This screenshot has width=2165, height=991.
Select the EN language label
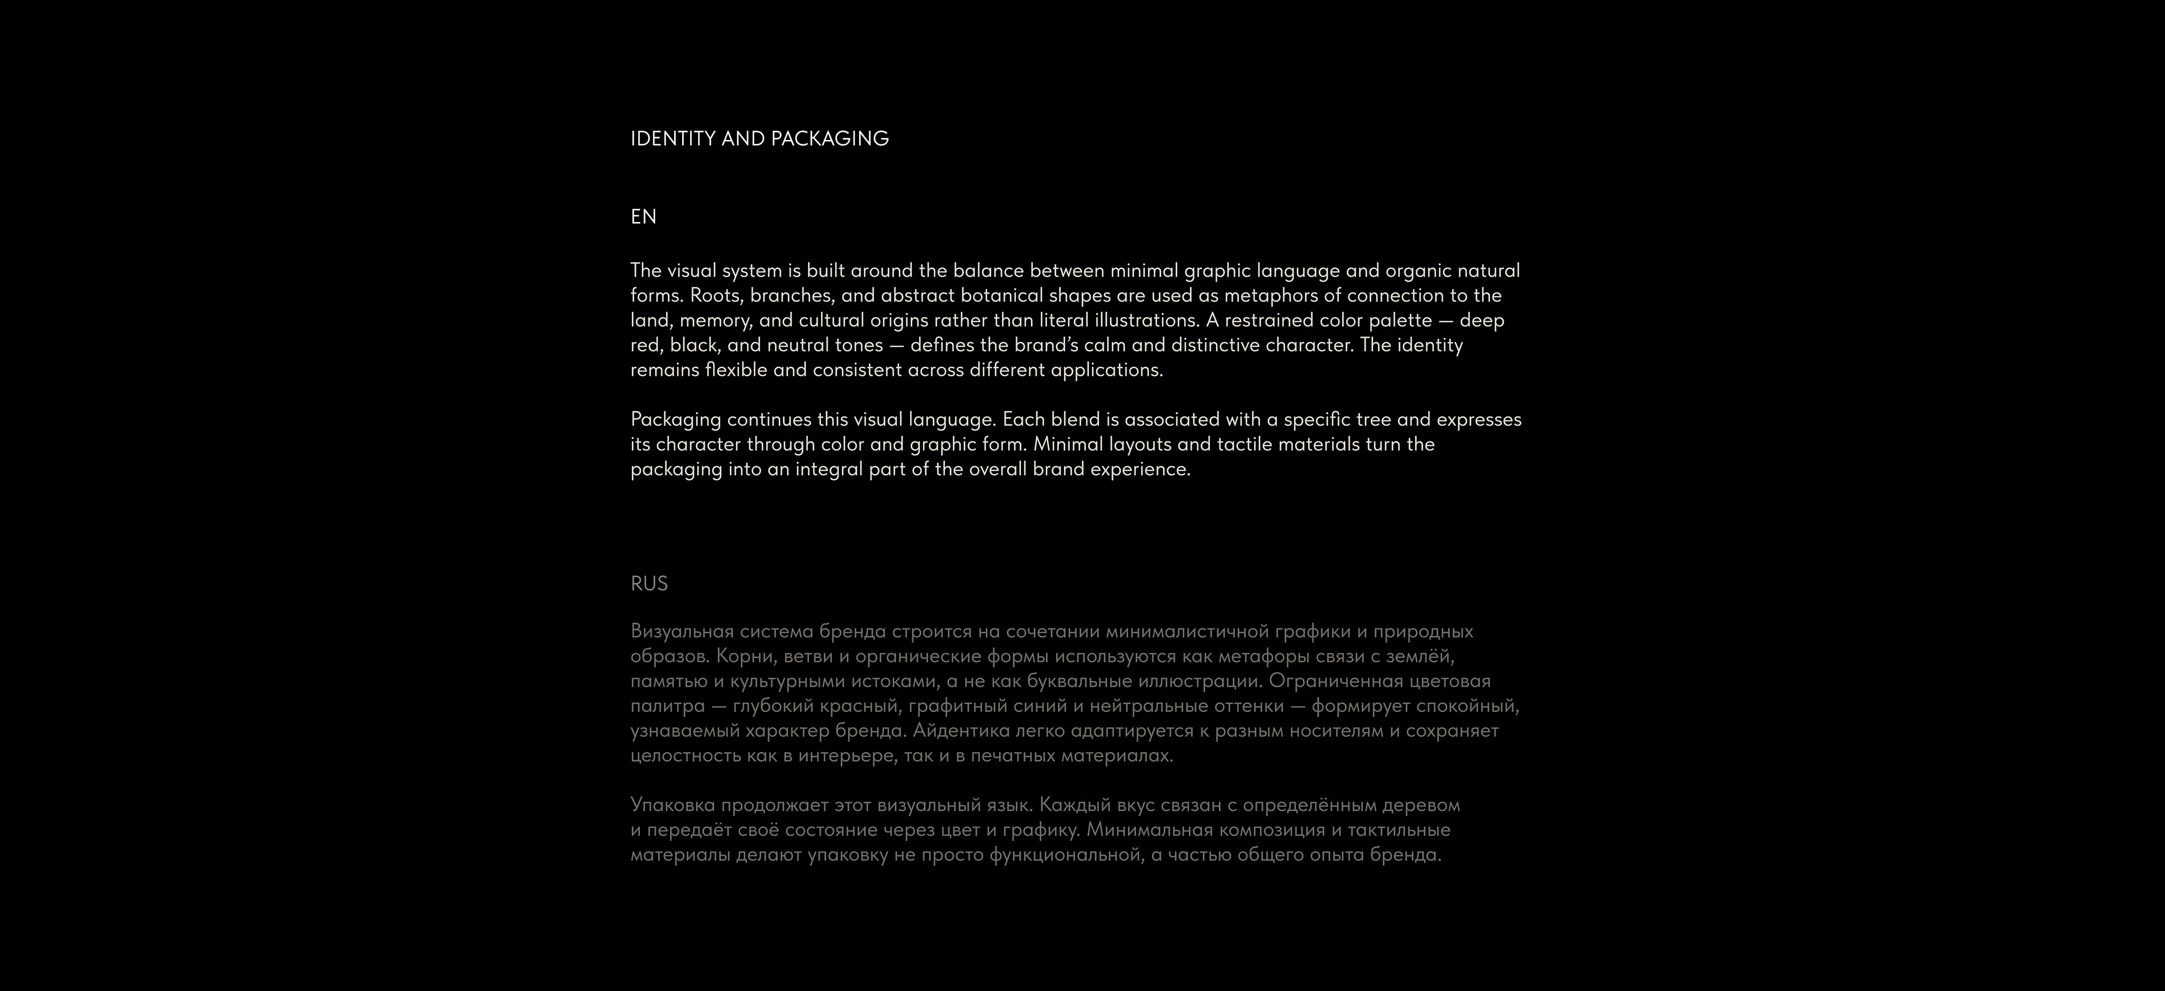pos(643,217)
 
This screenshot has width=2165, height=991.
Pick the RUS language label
pos(649,583)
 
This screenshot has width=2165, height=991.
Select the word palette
pos(1400,320)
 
